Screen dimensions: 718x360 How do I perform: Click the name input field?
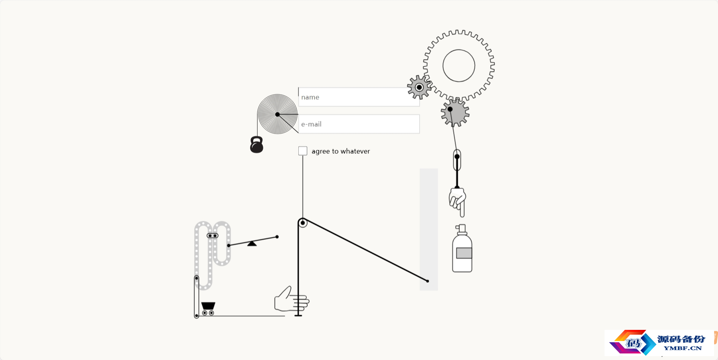tap(359, 97)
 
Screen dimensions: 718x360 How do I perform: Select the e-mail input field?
tap(359, 124)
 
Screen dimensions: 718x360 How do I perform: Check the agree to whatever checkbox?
tap(303, 151)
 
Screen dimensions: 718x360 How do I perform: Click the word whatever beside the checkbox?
tap(354, 151)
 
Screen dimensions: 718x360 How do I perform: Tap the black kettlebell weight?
tap(257, 145)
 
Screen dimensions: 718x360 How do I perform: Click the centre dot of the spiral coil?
tap(277, 114)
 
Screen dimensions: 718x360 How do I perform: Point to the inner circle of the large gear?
tap(459, 50)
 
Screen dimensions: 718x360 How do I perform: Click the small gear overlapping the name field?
tap(419, 87)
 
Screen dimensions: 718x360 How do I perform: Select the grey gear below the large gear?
tap(456, 113)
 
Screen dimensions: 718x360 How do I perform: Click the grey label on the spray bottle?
tap(464, 253)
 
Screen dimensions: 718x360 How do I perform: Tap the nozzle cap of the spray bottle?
tap(461, 229)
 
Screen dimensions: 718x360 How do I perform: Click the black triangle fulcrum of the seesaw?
tap(252, 243)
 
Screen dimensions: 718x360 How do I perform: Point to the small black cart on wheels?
tap(208, 309)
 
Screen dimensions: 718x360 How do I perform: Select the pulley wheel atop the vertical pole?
tap(303, 223)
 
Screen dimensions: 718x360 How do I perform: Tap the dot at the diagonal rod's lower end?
tap(427, 281)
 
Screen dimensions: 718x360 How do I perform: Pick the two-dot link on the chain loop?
tap(213, 236)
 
